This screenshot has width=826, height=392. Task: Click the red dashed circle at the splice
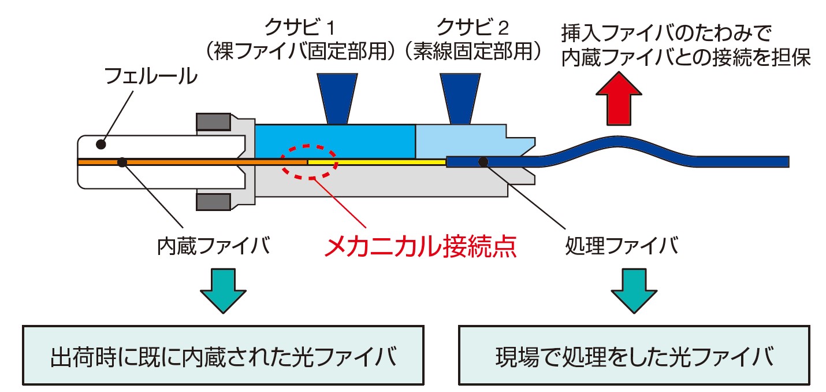point(308,161)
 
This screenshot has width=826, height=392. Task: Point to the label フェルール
point(150,77)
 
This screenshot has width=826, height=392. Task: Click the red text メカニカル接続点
point(419,247)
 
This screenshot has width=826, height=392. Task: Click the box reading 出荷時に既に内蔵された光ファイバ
point(223,356)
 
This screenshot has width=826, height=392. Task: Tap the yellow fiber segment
point(375,162)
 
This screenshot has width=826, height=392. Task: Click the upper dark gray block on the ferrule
point(214,122)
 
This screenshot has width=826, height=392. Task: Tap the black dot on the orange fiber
point(122,162)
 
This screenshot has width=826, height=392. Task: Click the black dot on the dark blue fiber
point(483,162)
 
